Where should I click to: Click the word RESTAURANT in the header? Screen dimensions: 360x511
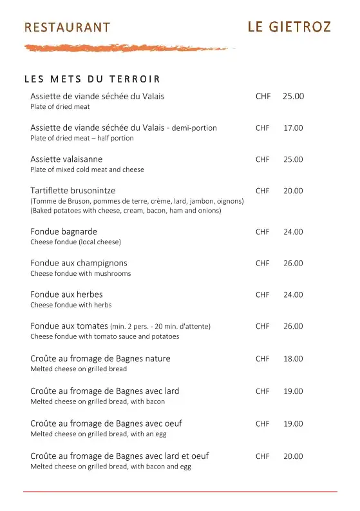pyautogui.click(x=67, y=27)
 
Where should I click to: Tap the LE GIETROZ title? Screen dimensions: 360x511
pyautogui.click(x=289, y=26)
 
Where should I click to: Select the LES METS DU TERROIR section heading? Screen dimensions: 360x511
pyautogui.click(x=92, y=79)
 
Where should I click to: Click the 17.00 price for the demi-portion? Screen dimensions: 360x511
pyautogui.click(x=293, y=128)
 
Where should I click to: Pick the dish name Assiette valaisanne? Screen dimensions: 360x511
pyautogui.click(x=66, y=159)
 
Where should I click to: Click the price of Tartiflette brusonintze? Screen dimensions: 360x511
pyautogui.click(x=293, y=191)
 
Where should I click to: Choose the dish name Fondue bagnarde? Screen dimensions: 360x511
pyautogui.click(x=64, y=231)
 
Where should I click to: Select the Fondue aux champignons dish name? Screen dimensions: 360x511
pyautogui.click(x=79, y=263)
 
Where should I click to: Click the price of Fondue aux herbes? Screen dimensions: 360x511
pyautogui.click(x=293, y=294)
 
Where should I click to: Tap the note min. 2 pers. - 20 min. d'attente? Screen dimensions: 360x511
pyautogui.click(x=160, y=327)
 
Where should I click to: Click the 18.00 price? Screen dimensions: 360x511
pyautogui.click(x=293, y=359)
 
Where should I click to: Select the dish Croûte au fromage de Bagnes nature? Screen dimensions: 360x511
pyautogui.click(x=100, y=358)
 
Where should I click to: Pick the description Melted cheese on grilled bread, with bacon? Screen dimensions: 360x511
pyautogui.click(x=97, y=401)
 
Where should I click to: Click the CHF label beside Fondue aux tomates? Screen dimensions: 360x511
pyautogui.click(x=263, y=326)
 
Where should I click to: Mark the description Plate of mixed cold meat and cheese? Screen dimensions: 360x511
pyautogui.click(x=87, y=169)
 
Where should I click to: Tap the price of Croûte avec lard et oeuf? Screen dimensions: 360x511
pyautogui.click(x=293, y=456)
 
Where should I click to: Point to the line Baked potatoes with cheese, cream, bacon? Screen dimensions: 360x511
pyautogui.click(x=126, y=211)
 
